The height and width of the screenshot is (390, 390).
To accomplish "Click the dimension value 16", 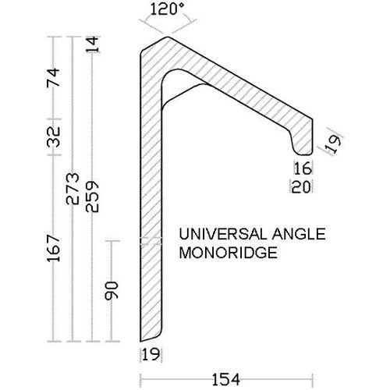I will point(303,167).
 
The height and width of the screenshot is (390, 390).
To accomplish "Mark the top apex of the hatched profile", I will point(168,39).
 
